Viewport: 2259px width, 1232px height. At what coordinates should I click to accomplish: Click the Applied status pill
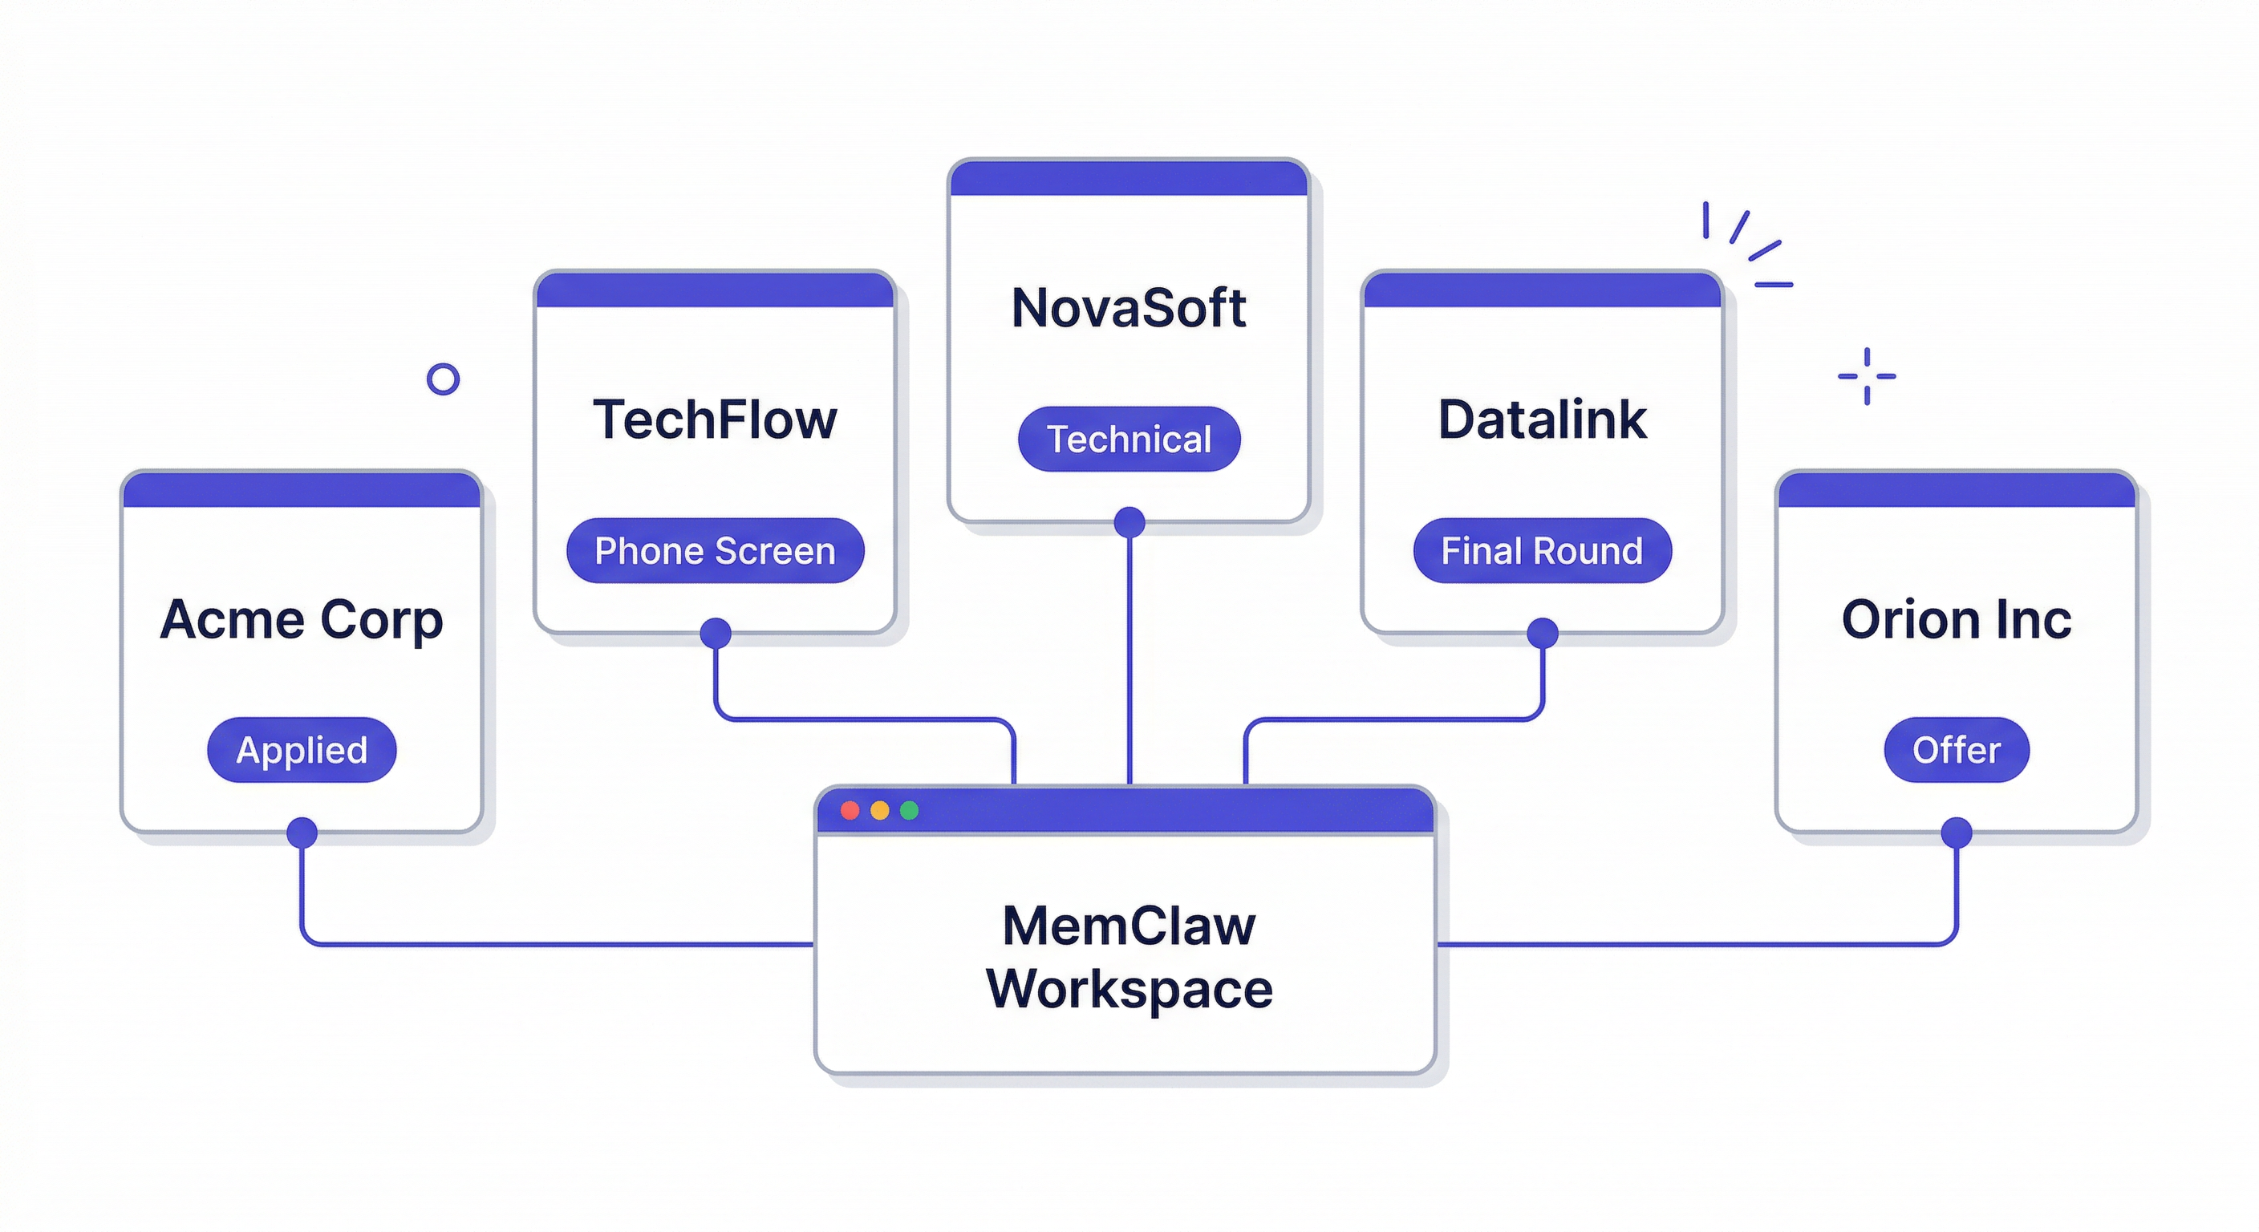pyautogui.click(x=302, y=750)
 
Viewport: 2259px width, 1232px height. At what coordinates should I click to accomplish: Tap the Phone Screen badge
pyautogui.click(x=715, y=551)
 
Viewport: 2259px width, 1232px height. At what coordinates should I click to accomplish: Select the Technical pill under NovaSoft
pyautogui.click(x=1129, y=440)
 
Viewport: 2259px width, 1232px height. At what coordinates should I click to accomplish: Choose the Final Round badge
pyautogui.click(x=1542, y=551)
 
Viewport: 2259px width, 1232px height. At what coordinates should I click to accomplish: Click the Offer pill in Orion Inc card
pyautogui.click(x=1956, y=750)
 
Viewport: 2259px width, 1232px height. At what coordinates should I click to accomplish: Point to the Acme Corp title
pyautogui.click(x=302, y=620)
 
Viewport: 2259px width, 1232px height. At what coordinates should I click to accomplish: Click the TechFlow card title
pyautogui.click(x=715, y=419)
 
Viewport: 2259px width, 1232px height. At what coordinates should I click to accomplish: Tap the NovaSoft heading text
pyautogui.click(x=1129, y=308)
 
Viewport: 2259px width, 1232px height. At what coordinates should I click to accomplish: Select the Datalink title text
pyautogui.click(x=1542, y=419)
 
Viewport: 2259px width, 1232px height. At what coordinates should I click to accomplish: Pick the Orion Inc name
pyautogui.click(x=1956, y=620)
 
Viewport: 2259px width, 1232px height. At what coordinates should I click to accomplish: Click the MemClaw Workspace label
pyautogui.click(x=1129, y=957)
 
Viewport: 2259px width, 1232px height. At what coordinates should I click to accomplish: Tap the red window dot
pyautogui.click(x=850, y=810)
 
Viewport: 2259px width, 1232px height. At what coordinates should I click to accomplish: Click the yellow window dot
pyautogui.click(x=879, y=810)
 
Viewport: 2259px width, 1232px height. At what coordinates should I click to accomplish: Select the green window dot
pyautogui.click(x=910, y=810)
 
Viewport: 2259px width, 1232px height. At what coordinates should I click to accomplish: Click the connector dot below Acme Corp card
pyautogui.click(x=302, y=832)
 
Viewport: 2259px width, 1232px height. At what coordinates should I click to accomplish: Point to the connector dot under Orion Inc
pyautogui.click(x=1957, y=832)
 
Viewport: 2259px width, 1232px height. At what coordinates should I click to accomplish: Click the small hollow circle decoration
pyautogui.click(x=443, y=379)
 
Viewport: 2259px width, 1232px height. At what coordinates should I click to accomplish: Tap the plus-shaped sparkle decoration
pyautogui.click(x=1866, y=376)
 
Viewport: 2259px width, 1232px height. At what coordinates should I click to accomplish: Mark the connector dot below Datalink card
pyautogui.click(x=1543, y=633)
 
